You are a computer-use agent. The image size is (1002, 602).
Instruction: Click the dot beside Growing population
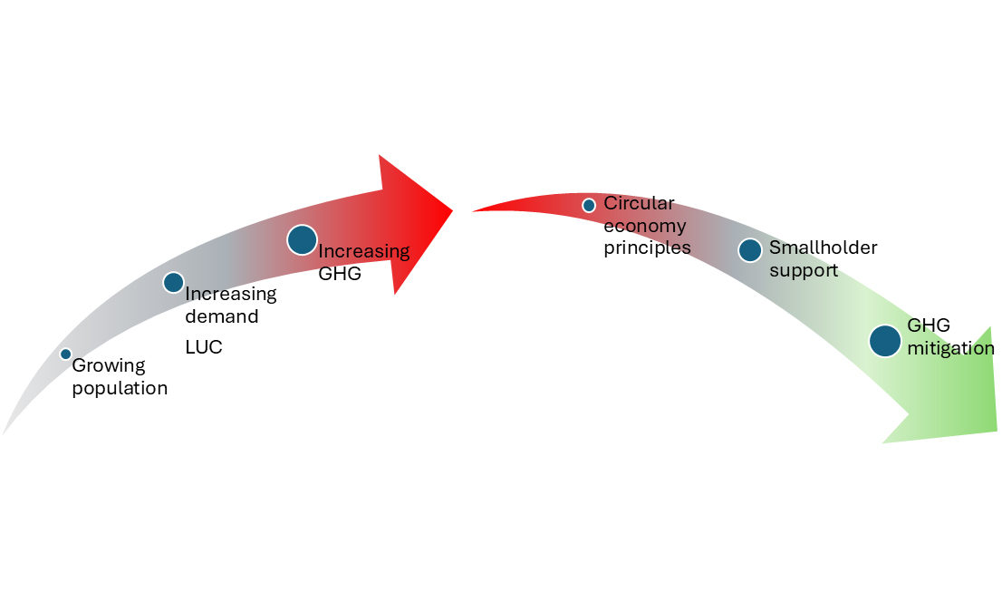tap(65, 354)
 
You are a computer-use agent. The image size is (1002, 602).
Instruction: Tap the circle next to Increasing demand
tap(173, 282)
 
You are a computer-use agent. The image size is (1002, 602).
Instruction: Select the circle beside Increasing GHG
tap(302, 239)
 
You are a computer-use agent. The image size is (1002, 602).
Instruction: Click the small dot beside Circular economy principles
tap(589, 206)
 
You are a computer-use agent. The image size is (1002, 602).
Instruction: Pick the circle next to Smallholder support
tap(749, 250)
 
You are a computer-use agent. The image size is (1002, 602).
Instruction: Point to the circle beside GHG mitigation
tap(885, 341)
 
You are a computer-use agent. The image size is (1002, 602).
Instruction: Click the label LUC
tap(204, 347)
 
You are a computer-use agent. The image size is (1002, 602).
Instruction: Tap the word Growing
tap(109, 366)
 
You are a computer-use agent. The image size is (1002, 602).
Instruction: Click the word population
tap(120, 389)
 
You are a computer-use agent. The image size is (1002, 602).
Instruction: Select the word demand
tap(222, 316)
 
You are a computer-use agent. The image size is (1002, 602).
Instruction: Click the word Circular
tap(639, 203)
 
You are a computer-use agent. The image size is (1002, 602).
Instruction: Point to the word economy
tap(645, 226)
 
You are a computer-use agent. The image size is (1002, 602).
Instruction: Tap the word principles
tap(647, 248)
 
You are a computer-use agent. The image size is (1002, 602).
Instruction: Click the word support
tap(804, 270)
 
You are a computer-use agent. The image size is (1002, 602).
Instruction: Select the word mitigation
tap(950, 348)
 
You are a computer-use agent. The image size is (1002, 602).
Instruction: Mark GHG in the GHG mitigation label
tap(929, 326)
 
